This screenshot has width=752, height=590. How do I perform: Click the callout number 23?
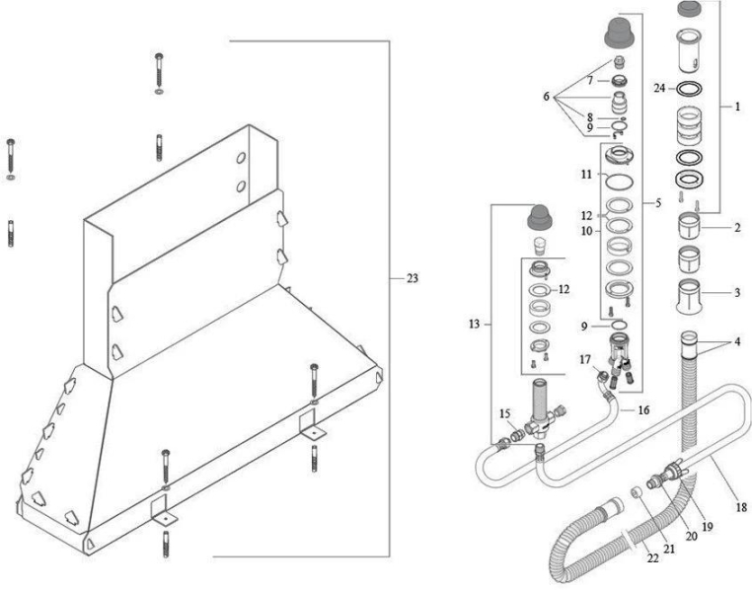[x=413, y=278]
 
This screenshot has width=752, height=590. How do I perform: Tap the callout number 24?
[x=660, y=88]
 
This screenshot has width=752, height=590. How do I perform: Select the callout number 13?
[x=474, y=325]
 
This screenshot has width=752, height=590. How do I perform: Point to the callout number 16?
[x=643, y=410]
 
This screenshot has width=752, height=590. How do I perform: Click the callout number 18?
[x=741, y=507]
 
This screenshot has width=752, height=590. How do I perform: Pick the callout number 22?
[x=652, y=557]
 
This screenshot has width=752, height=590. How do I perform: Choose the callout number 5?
[x=658, y=203]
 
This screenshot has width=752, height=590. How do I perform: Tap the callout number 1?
[x=737, y=107]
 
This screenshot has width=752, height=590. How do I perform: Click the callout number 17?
[x=585, y=359]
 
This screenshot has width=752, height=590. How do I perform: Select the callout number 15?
[x=505, y=413]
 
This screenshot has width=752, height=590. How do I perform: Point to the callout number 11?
[x=586, y=175]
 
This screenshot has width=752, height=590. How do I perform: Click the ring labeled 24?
[x=689, y=89]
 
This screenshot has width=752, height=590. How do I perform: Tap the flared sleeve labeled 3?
[x=689, y=297]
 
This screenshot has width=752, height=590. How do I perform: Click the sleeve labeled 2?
[x=689, y=226]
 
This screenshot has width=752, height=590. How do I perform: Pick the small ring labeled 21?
[x=636, y=492]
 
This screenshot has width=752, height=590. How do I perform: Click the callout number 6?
[x=547, y=97]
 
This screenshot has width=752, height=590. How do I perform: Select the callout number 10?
[x=587, y=231]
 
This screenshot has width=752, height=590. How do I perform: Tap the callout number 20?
[x=691, y=536]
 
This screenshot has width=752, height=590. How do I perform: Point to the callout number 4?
[x=737, y=341]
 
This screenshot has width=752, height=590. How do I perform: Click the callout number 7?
[x=590, y=81]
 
